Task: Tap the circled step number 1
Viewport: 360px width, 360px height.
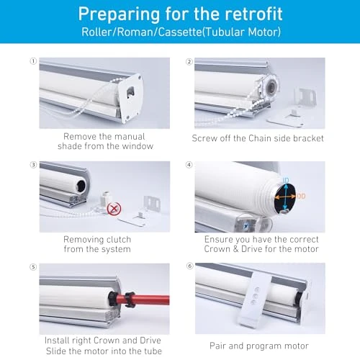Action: point(32,62)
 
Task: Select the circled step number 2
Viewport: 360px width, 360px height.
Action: point(189,62)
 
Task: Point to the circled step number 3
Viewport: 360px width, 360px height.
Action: point(32,165)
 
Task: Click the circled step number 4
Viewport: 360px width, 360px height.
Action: point(189,165)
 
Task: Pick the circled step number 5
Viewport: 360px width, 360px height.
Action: point(32,267)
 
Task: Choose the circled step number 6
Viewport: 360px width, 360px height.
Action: point(189,267)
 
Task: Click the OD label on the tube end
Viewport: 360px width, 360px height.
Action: point(300,196)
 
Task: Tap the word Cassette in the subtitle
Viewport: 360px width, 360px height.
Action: point(186,33)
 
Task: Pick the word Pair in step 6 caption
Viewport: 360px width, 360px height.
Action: point(222,346)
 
